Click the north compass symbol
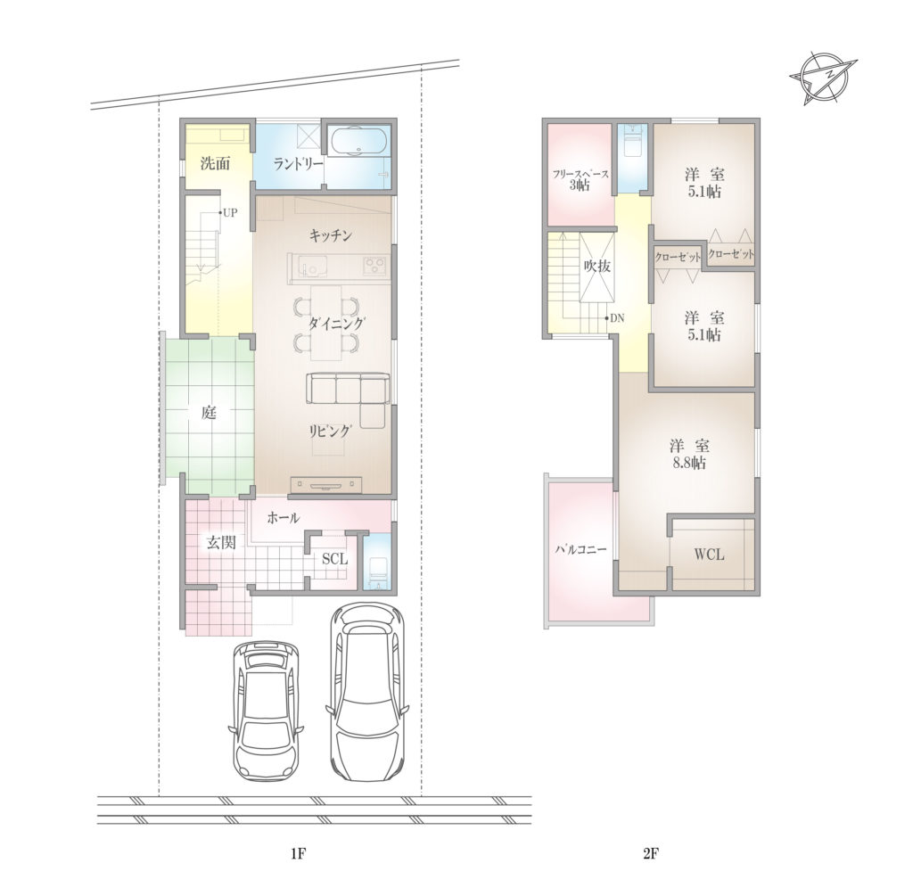click(823, 77)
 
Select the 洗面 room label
click(215, 164)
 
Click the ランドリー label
click(298, 164)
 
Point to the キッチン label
click(330, 235)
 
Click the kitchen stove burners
click(374, 267)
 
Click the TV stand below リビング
click(325, 485)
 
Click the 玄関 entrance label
click(222, 543)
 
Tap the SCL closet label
click(334, 559)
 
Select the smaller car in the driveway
click(267, 711)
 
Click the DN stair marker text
click(617, 318)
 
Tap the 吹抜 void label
click(596, 266)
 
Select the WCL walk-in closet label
click(709, 555)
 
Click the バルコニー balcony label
click(580, 549)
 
